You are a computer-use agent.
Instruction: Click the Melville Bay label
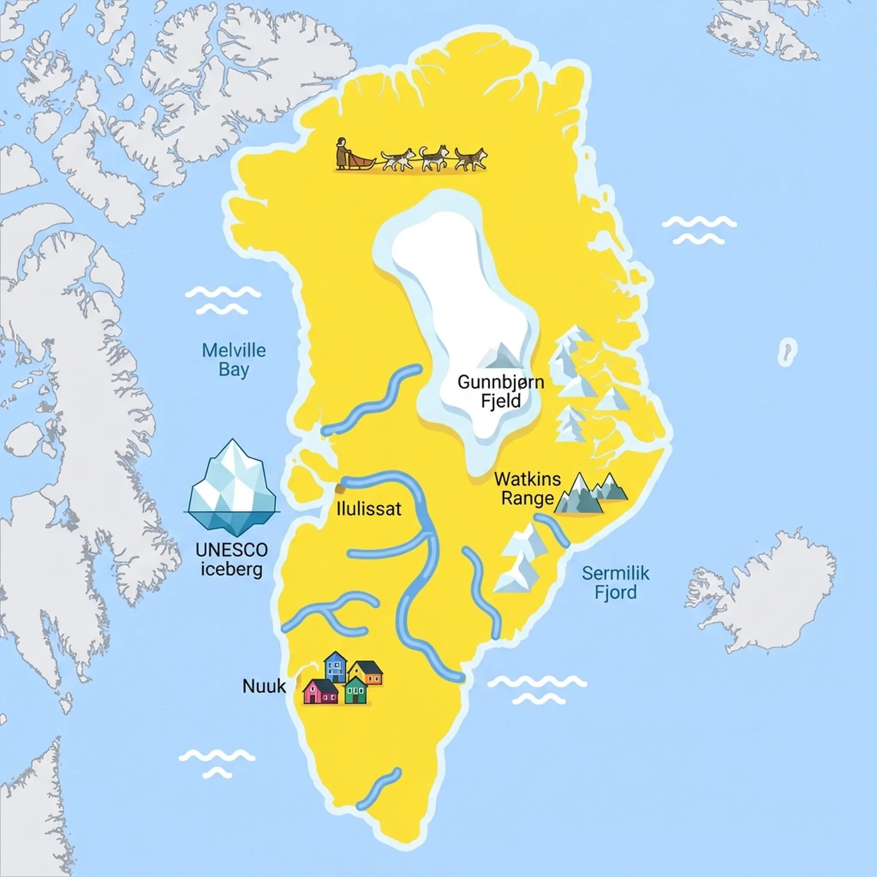click(x=233, y=360)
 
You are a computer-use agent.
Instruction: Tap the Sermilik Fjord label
click(x=615, y=582)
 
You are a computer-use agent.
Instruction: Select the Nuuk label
click(x=264, y=686)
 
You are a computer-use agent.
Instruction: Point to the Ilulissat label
click(x=369, y=509)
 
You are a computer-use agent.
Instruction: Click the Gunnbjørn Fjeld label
click(x=500, y=391)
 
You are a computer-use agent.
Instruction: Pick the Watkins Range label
click(x=528, y=489)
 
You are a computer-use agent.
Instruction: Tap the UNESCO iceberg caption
click(x=232, y=559)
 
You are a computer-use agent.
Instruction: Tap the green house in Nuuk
click(x=355, y=690)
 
